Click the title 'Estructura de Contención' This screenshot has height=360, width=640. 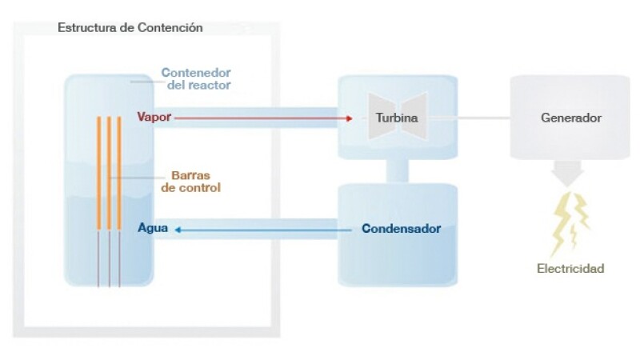click(130, 28)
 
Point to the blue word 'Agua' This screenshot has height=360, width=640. click(152, 229)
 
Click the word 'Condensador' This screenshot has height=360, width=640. click(401, 229)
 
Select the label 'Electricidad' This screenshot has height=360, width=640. click(570, 269)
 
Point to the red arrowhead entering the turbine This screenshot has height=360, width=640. click(350, 118)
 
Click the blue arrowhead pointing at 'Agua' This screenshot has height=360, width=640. click(178, 230)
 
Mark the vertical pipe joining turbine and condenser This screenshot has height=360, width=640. click(398, 170)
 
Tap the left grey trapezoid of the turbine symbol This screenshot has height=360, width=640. click(374, 118)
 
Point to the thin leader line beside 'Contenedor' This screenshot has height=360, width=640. click(144, 80)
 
